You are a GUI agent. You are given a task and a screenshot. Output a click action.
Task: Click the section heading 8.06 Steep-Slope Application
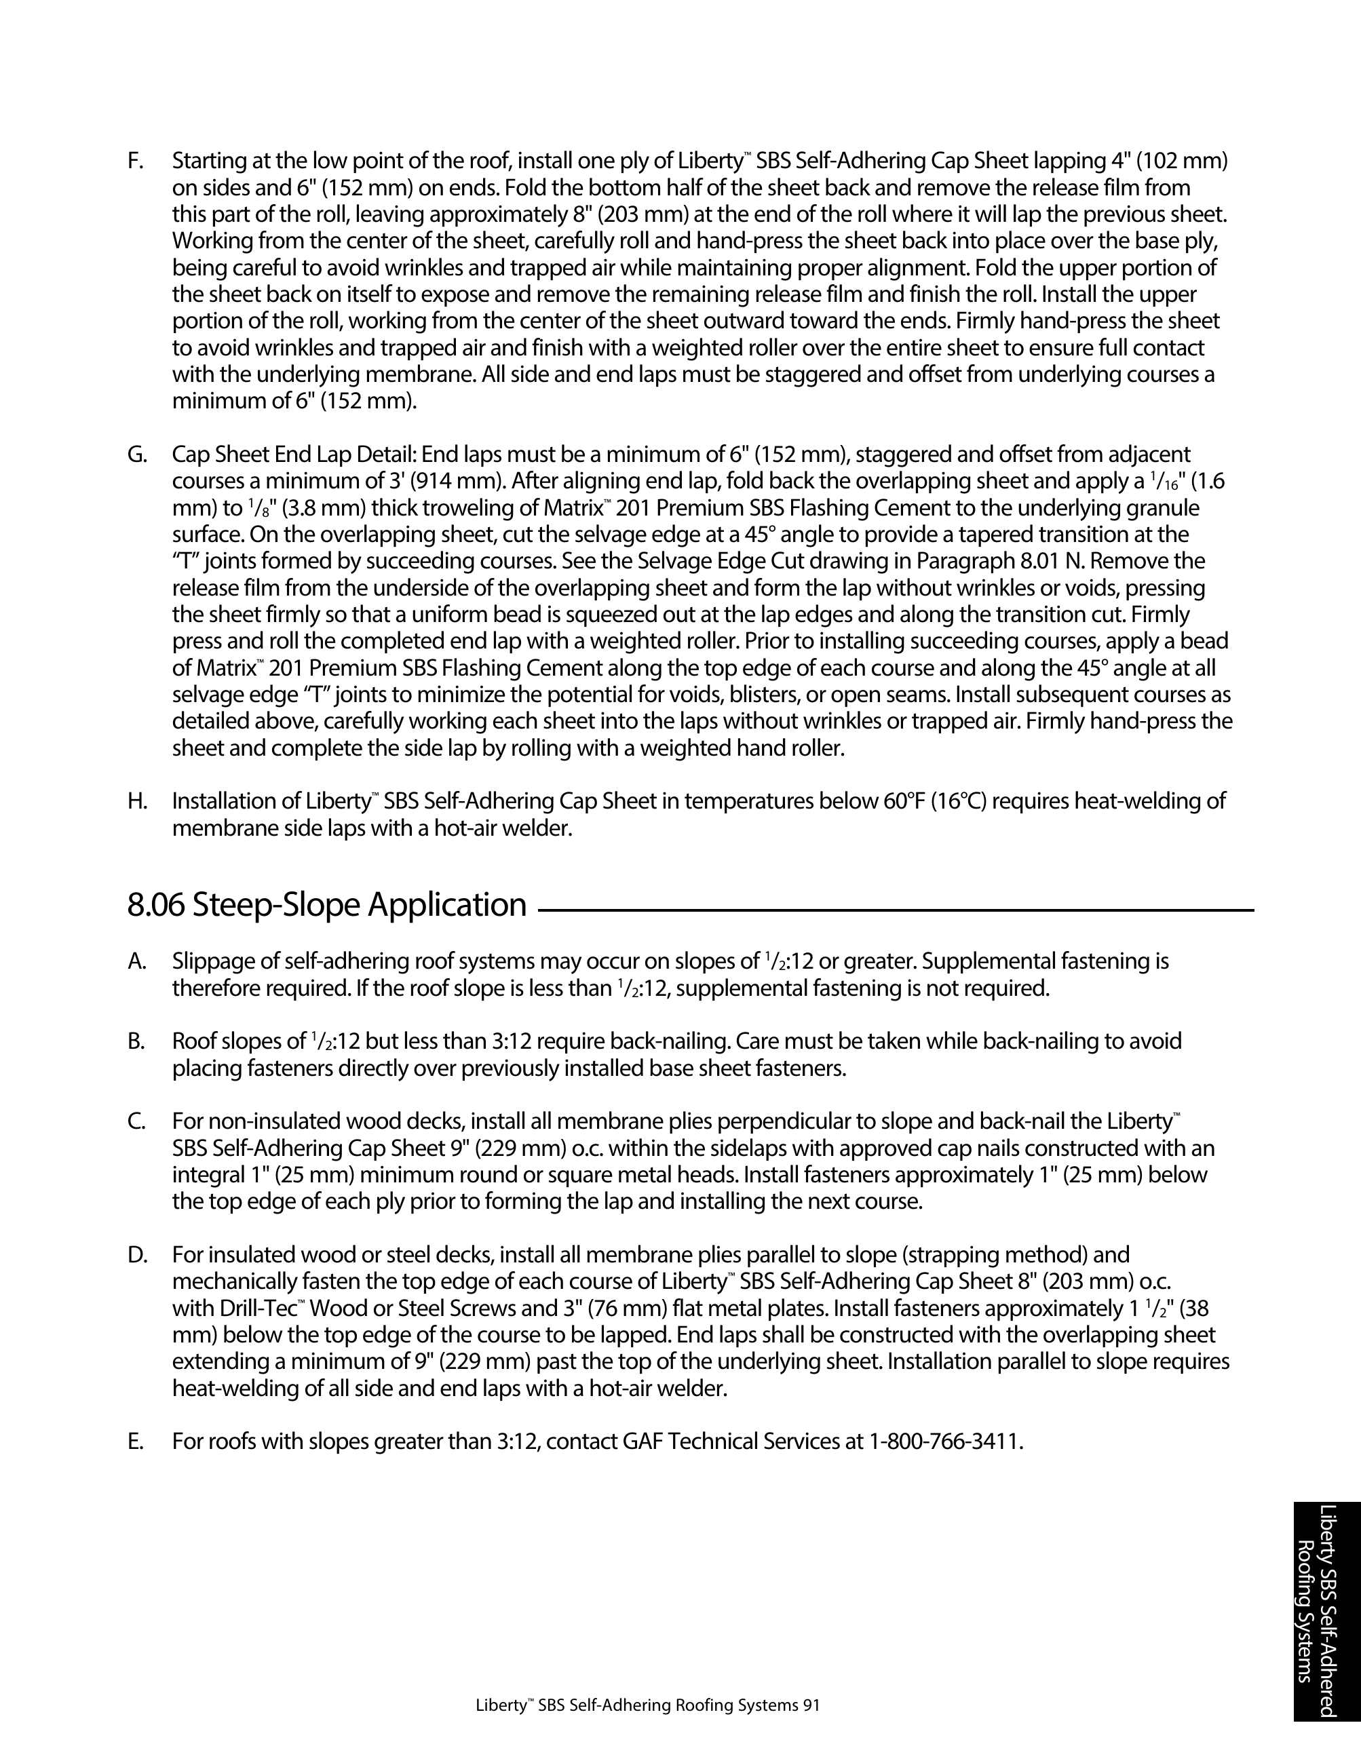326,905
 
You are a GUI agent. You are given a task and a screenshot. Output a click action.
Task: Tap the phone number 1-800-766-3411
945,1441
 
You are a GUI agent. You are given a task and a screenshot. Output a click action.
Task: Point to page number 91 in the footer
811,1705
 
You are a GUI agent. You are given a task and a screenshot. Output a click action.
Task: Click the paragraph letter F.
136,161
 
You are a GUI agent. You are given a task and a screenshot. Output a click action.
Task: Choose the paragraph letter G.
137,454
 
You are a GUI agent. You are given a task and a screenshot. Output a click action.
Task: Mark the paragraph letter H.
137,802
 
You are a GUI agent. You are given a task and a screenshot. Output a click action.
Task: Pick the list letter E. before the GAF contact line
136,1441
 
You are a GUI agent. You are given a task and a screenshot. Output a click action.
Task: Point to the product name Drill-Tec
213,1308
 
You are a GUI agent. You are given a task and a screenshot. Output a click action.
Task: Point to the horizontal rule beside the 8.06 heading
895,910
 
